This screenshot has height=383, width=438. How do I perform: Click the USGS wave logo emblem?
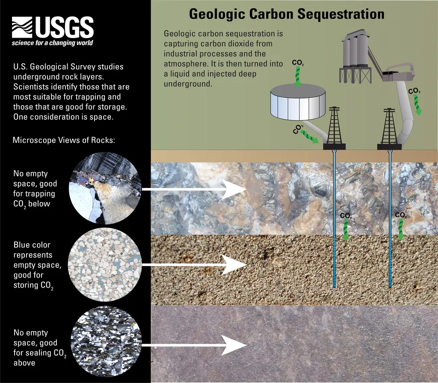point(22,27)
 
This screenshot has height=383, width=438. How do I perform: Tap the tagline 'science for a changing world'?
point(52,43)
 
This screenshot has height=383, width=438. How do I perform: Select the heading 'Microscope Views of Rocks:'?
point(64,140)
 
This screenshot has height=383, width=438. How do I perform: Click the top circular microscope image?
point(105,188)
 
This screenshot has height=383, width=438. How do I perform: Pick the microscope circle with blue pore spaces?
point(105,264)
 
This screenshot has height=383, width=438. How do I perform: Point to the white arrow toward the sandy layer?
point(194,264)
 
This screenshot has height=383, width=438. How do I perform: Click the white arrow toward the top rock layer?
point(194,189)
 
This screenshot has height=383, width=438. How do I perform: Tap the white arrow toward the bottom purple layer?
point(194,345)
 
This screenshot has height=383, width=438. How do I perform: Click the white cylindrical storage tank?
point(298,102)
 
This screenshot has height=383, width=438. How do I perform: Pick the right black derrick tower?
point(389,129)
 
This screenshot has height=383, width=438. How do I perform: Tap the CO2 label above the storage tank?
point(298,62)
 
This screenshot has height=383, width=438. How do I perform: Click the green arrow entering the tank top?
point(298,77)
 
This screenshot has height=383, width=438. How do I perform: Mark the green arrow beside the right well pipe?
point(401,229)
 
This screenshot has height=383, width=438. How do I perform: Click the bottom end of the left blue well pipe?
point(334,287)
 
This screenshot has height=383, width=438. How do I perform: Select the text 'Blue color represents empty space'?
point(37,255)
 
